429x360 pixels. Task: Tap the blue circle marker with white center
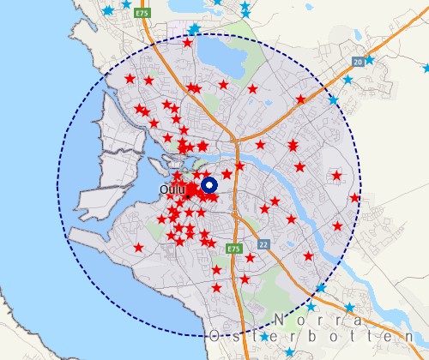(209, 186)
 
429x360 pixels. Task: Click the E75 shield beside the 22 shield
(235, 248)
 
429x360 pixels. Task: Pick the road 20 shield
(357, 62)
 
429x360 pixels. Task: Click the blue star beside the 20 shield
(370, 60)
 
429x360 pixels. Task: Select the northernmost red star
(188, 42)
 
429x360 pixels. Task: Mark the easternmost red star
(354, 198)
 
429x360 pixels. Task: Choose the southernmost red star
(217, 287)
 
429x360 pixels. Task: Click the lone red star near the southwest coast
(138, 248)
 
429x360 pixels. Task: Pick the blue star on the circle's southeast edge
(320, 288)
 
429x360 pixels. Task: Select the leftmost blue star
(106, 11)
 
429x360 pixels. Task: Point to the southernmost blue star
(289, 352)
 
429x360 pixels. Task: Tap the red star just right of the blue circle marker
(227, 174)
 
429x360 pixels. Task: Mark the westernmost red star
(130, 79)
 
